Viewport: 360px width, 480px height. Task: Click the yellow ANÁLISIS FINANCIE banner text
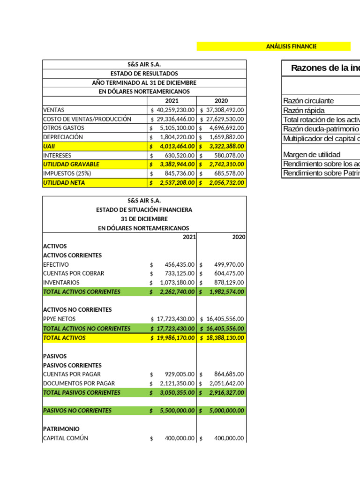(291, 46)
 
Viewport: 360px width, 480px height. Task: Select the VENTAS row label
(54, 110)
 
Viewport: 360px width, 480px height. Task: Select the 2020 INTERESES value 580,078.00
(227, 155)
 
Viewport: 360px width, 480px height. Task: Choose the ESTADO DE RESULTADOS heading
(144, 74)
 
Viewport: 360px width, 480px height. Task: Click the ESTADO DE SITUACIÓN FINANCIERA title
(144, 210)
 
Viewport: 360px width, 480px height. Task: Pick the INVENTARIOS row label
(61, 283)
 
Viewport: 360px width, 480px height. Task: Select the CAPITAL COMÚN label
(65, 438)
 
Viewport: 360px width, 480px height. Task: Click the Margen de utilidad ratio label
(312, 155)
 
